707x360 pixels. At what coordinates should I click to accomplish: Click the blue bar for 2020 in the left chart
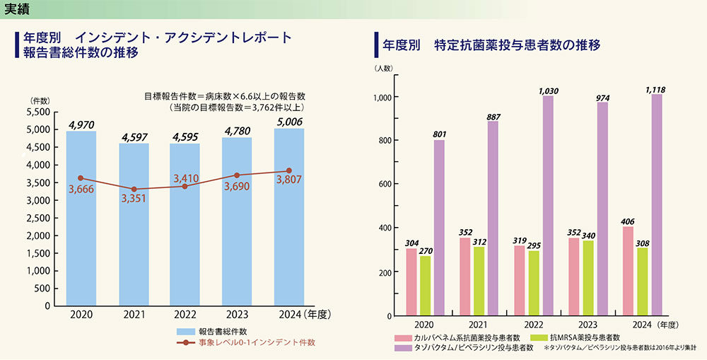81,219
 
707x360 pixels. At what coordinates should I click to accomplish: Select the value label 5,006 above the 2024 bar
289,122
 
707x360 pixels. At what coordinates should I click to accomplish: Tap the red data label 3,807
288,180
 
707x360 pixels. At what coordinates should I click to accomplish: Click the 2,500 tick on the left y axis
37,218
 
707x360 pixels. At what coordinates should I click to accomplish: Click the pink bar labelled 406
627,271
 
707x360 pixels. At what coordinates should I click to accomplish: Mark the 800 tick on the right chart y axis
384,141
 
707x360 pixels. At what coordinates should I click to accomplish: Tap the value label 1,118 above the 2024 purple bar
655,90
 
